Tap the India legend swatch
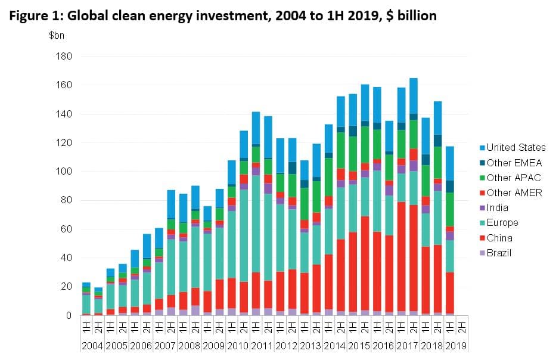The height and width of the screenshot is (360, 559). coord(481,208)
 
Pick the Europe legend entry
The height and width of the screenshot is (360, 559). coord(502,223)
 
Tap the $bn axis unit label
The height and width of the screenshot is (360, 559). coord(57,35)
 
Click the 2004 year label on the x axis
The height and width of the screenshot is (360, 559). coord(92,346)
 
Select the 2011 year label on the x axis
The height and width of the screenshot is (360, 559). coord(262,346)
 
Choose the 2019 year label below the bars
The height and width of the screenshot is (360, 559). coord(455,346)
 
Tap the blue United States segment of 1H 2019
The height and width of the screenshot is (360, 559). coord(449,164)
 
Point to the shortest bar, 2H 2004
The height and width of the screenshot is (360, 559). coord(98,301)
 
